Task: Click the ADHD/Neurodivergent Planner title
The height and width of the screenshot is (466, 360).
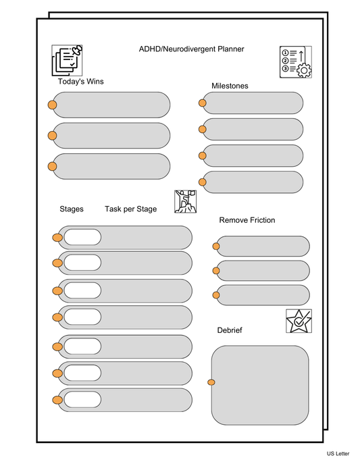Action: [191, 49]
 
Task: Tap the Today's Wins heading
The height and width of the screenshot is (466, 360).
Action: [80, 82]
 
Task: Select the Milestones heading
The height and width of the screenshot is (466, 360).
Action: [230, 86]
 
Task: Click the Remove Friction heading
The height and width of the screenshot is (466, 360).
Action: [247, 220]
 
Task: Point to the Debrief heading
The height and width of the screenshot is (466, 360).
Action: [230, 330]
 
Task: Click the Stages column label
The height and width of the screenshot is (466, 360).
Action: [72, 209]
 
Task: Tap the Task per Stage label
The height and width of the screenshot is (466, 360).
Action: [130, 209]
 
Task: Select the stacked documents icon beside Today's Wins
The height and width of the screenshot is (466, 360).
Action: [67, 60]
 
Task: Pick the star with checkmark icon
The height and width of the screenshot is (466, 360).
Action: [299, 321]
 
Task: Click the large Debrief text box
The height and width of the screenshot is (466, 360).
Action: [260, 384]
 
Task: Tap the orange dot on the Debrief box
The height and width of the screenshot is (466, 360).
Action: [211, 383]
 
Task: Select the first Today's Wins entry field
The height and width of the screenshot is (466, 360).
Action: [111, 104]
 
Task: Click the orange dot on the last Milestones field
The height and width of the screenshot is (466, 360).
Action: [202, 182]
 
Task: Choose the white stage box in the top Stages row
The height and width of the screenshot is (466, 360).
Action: [82, 237]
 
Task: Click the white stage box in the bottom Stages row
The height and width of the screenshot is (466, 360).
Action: [82, 400]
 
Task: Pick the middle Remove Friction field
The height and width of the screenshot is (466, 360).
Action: [263, 271]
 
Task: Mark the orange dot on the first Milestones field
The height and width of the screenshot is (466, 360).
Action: [202, 103]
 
